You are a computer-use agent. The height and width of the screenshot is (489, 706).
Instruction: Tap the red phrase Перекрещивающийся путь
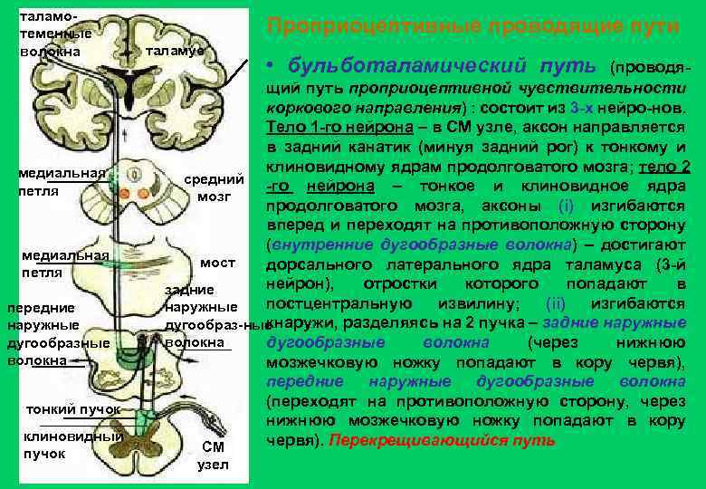443,441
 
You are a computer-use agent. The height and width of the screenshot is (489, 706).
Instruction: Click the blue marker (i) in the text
566,205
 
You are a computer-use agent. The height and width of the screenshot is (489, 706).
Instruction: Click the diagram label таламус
176,50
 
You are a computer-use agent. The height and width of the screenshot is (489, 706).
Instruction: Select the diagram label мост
217,263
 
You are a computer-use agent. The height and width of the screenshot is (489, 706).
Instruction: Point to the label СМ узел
213,455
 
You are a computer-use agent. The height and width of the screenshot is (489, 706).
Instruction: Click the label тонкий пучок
74,409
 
